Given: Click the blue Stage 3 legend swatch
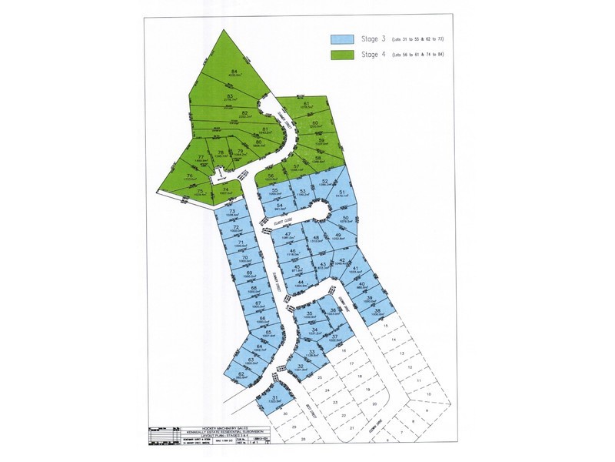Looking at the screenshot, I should pyautogui.click(x=341, y=39).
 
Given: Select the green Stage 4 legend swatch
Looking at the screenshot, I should pyautogui.click(x=341, y=55).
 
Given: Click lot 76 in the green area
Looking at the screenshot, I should pyautogui.click(x=190, y=176).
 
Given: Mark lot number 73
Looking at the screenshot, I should pyautogui.click(x=231, y=210).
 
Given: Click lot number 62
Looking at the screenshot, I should pyautogui.click(x=241, y=374).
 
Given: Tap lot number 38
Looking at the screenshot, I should pyautogui.click(x=377, y=311).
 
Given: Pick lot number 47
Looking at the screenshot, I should pyautogui.click(x=288, y=234).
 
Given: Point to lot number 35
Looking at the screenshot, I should pyautogui.click(x=310, y=313).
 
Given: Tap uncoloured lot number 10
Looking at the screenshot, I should pyautogui.click(x=417, y=380).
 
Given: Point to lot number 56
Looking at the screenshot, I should pyautogui.click(x=271, y=176).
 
